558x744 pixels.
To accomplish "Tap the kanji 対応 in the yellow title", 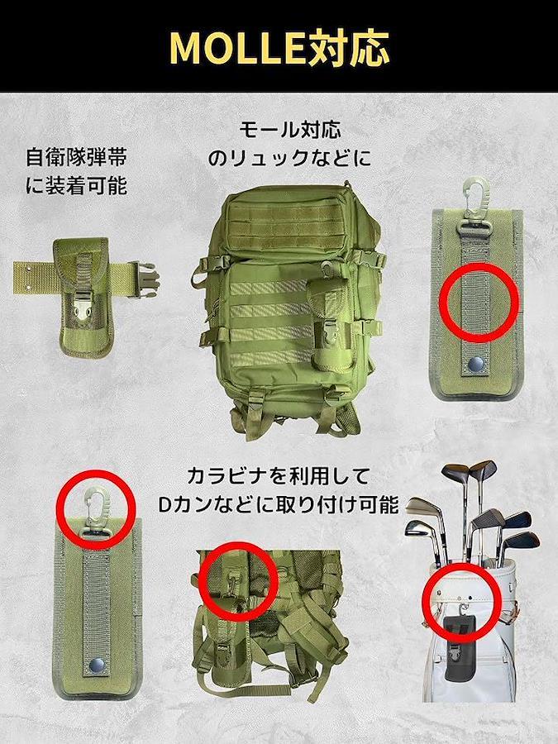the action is click(349, 48).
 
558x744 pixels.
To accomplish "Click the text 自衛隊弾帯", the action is click(76, 157).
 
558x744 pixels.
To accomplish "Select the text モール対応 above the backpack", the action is click(290, 130).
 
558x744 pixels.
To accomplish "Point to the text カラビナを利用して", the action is click(278, 476).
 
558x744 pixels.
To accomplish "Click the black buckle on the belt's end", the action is click(147, 280).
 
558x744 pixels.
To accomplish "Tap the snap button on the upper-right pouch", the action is click(475, 365).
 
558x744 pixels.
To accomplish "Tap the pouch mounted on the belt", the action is click(83, 298).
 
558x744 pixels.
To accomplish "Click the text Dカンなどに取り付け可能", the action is click(278, 505).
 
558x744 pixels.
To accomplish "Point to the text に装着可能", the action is click(76, 185).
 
